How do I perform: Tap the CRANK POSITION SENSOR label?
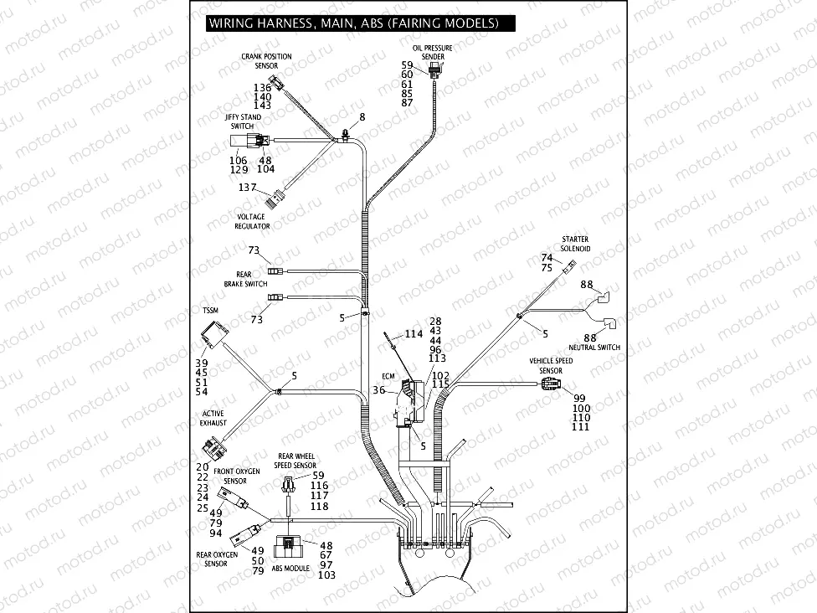[x=266, y=60]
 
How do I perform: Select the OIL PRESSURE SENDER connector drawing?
[x=434, y=69]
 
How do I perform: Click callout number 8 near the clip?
[x=362, y=116]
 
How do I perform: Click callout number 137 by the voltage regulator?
[x=247, y=187]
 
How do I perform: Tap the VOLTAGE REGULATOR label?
[x=251, y=222]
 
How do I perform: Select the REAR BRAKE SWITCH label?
[x=245, y=279]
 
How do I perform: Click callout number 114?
[x=413, y=333]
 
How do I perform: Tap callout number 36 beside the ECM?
[x=378, y=389]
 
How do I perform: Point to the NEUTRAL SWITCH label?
[x=594, y=347]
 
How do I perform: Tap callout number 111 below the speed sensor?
[x=581, y=427]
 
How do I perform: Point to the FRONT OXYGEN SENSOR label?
[x=236, y=476]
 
